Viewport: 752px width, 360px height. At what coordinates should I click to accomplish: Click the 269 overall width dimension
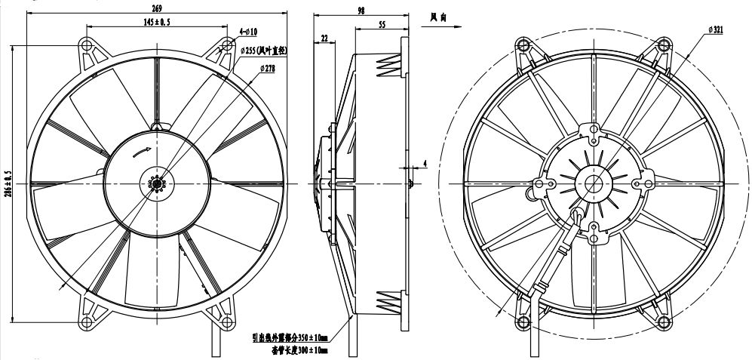point(155,9)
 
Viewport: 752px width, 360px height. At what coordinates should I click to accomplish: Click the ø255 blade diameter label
point(264,51)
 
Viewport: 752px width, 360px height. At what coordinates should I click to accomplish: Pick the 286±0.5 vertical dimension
point(9,183)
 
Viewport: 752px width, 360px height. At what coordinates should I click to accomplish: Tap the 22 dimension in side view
point(324,38)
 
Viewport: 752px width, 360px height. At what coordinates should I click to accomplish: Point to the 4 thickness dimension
point(425,162)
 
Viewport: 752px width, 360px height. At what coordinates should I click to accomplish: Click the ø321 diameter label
point(716,28)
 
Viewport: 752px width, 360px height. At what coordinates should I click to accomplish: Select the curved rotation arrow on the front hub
point(140,152)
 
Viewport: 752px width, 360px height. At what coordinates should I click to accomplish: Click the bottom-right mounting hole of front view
point(226,321)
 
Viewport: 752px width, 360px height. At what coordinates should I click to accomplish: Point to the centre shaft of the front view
point(157,183)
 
